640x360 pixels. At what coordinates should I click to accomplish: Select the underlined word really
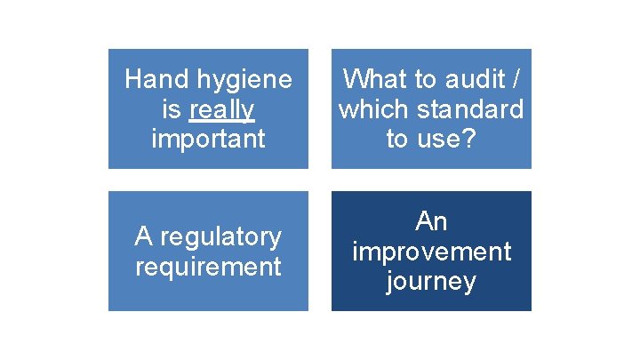(222, 109)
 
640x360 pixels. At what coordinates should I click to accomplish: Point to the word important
(208, 139)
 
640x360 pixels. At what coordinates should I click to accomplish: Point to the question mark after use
(471, 139)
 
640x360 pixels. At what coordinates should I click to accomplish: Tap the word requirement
(208, 266)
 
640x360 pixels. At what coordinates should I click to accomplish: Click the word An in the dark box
(431, 221)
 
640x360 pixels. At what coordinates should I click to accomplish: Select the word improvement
(431, 252)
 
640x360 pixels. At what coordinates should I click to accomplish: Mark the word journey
(431, 281)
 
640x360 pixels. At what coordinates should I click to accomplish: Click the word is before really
(169, 109)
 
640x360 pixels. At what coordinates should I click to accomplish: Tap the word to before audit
(424, 80)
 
